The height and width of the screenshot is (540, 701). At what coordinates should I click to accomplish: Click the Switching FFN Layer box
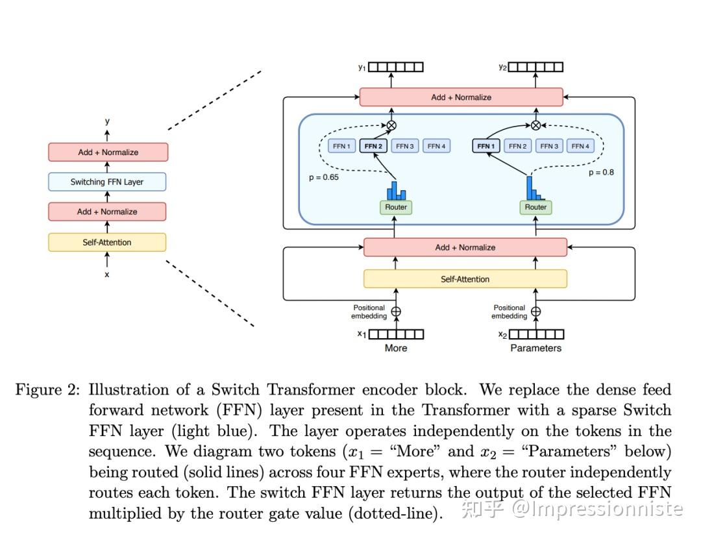(x=107, y=182)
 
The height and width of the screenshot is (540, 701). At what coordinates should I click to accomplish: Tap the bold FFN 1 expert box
(x=485, y=146)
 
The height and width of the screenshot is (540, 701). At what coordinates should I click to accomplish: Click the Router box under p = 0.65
(x=396, y=207)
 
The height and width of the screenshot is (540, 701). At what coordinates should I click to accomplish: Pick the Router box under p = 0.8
(x=535, y=207)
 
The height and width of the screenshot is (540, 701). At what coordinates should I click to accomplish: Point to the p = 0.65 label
(x=323, y=177)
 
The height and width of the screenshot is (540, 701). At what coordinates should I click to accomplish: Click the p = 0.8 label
(x=601, y=173)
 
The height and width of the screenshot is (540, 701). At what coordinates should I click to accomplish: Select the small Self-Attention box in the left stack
(x=107, y=242)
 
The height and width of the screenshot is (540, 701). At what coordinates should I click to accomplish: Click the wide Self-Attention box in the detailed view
(x=465, y=279)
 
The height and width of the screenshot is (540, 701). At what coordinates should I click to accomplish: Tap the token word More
(x=396, y=348)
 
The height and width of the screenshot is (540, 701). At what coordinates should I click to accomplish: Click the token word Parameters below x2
(x=535, y=348)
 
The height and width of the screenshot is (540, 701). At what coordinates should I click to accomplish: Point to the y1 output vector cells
(x=396, y=67)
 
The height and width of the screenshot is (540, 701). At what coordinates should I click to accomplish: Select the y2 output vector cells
(x=535, y=67)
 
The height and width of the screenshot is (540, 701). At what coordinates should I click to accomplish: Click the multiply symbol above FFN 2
(x=391, y=125)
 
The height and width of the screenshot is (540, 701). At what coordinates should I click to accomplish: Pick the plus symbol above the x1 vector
(x=396, y=312)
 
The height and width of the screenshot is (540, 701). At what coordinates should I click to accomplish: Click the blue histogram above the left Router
(x=396, y=191)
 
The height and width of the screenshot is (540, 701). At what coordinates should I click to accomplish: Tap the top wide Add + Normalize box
(x=461, y=97)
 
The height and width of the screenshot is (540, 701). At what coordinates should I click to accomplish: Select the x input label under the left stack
(x=107, y=275)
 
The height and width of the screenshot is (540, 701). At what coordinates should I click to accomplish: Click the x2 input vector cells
(x=536, y=334)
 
